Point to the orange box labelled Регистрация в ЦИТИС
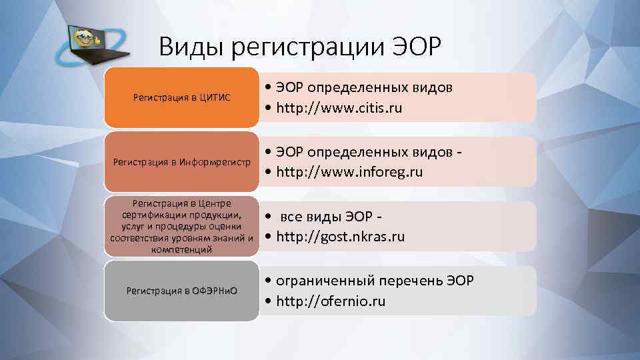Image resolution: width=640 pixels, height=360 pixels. coord(181,97)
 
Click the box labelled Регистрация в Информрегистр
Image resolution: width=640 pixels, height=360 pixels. coord(181,162)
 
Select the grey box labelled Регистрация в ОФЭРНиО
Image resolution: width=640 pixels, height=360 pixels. coord(181,291)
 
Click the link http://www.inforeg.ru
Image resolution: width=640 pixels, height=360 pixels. coord(347,172)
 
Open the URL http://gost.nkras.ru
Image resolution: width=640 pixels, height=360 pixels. coord(340,237)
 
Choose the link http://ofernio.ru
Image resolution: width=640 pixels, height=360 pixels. coord(329,301)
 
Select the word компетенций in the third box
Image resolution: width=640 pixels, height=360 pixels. coord(181,249)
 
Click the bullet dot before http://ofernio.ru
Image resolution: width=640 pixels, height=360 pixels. coord(267,301)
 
